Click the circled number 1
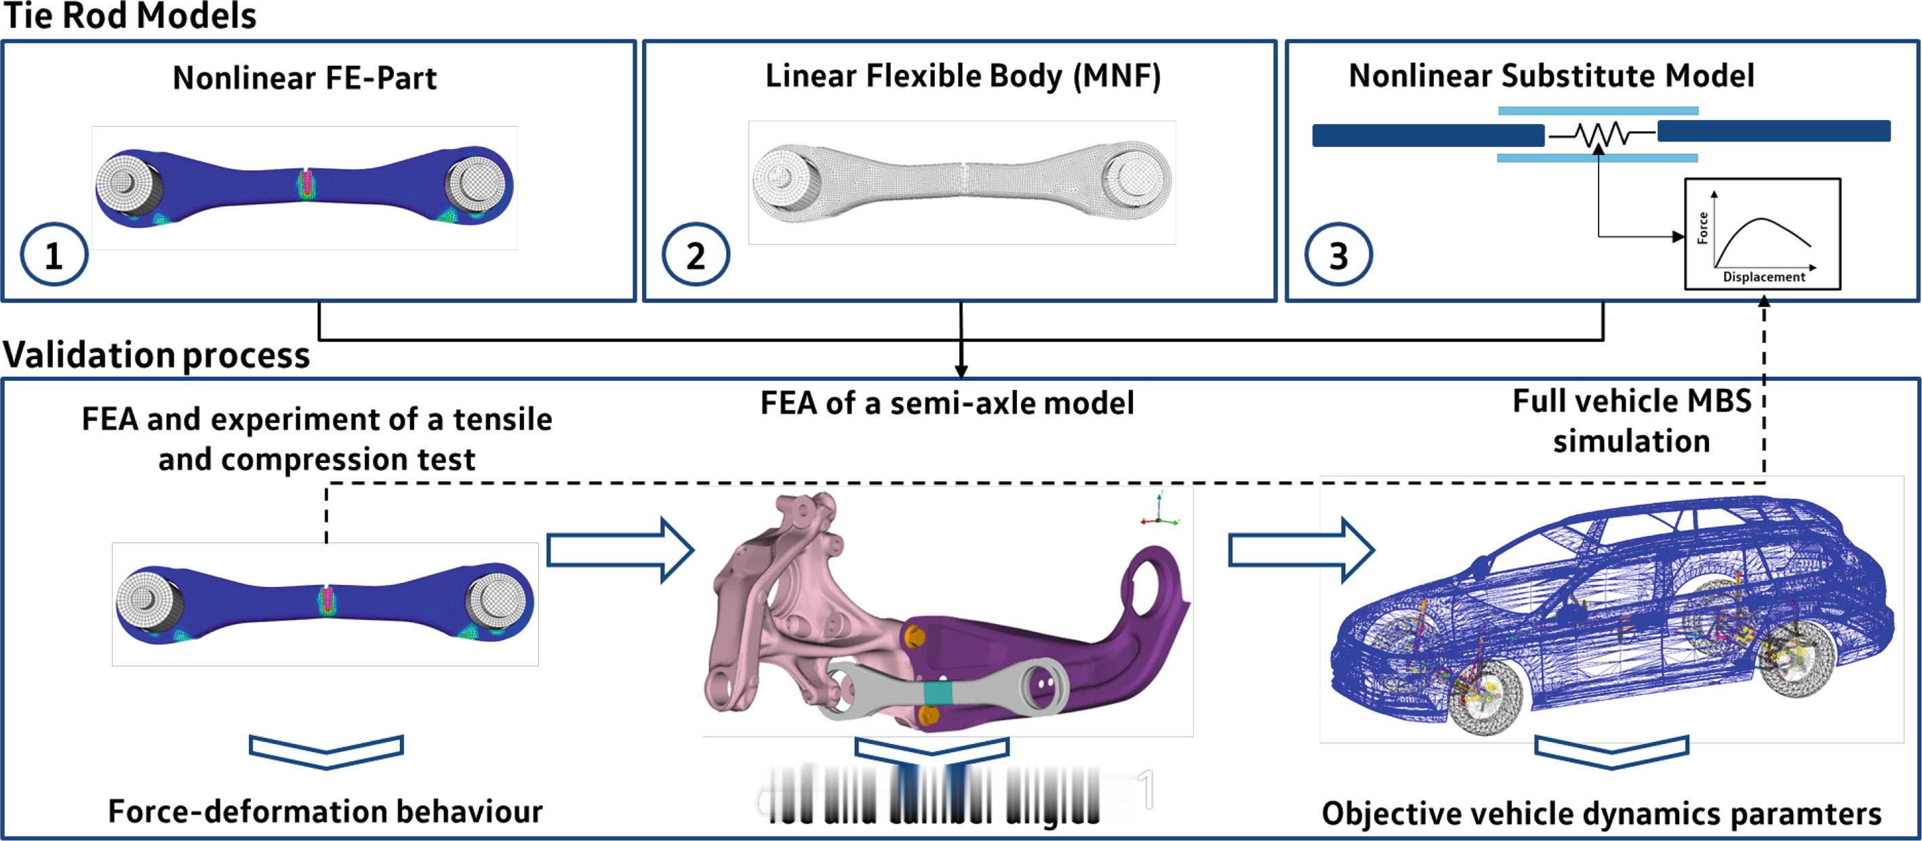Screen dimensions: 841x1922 pyautogui.click(x=54, y=255)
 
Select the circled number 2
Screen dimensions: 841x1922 pyautogui.click(x=696, y=255)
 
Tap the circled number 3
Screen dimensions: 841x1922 pyautogui.click(x=1338, y=255)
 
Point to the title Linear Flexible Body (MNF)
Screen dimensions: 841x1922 pyautogui.click(x=963, y=76)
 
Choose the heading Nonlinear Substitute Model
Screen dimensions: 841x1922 pyautogui.click(x=1551, y=76)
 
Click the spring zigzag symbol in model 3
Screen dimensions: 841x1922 pyautogui.click(x=1601, y=135)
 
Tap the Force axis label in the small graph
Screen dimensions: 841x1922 pyautogui.click(x=1702, y=228)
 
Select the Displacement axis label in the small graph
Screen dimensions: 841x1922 pyautogui.click(x=1764, y=276)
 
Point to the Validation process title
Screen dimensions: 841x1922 pyautogui.click(x=157, y=355)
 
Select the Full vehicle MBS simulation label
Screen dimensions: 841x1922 pyautogui.click(x=1631, y=422)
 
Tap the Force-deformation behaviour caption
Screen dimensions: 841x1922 pyautogui.click(x=325, y=811)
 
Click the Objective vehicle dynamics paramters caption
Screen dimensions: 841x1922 pyautogui.click(x=1601, y=813)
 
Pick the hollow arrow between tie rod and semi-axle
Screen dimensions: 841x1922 pyautogui.click(x=619, y=551)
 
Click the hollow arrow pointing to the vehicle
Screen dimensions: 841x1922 pyautogui.click(x=1300, y=551)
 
